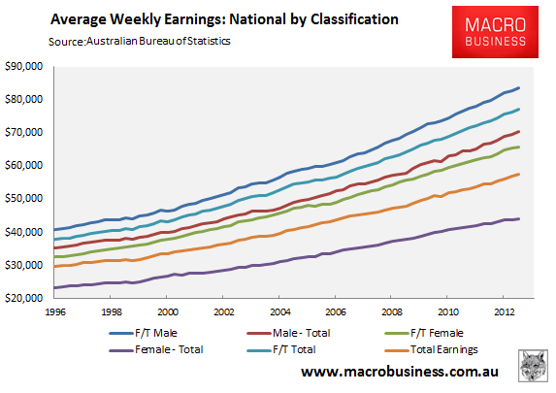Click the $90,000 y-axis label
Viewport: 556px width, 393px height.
point(23,66)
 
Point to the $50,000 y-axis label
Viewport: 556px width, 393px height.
point(23,198)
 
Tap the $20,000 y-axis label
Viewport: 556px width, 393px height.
point(23,298)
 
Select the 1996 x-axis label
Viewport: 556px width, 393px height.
point(55,312)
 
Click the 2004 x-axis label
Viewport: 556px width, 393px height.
point(280,312)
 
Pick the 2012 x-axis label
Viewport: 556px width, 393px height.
point(505,312)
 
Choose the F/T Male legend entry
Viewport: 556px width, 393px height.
point(144,333)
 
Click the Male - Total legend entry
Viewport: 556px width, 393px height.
point(288,333)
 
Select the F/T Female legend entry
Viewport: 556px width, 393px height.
point(424,333)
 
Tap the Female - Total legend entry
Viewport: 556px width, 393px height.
point(156,349)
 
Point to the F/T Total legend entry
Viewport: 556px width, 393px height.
point(281,349)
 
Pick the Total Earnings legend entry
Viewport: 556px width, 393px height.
point(431,349)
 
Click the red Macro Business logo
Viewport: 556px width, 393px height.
point(495,32)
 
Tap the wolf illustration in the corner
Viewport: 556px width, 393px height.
point(533,366)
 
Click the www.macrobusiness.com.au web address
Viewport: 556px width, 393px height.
point(400,372)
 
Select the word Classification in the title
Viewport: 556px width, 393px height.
point(354,19)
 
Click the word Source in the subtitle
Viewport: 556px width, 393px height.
point(66,42)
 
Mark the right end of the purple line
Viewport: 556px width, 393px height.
point(519,219)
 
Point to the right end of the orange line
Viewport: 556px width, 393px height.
point(519,174)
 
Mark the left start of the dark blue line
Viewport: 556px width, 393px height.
point(54,229)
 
